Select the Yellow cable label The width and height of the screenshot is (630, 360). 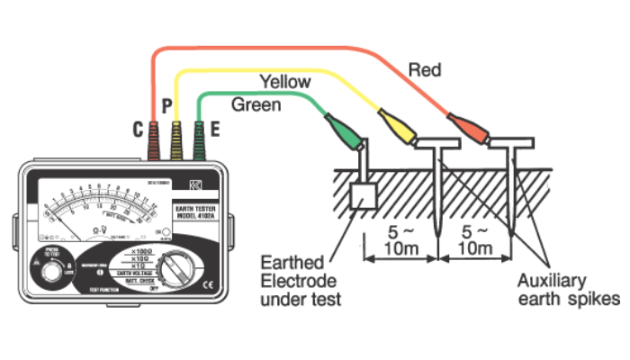[x=284, y=82]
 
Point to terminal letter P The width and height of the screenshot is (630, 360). [x=166, y=108]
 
